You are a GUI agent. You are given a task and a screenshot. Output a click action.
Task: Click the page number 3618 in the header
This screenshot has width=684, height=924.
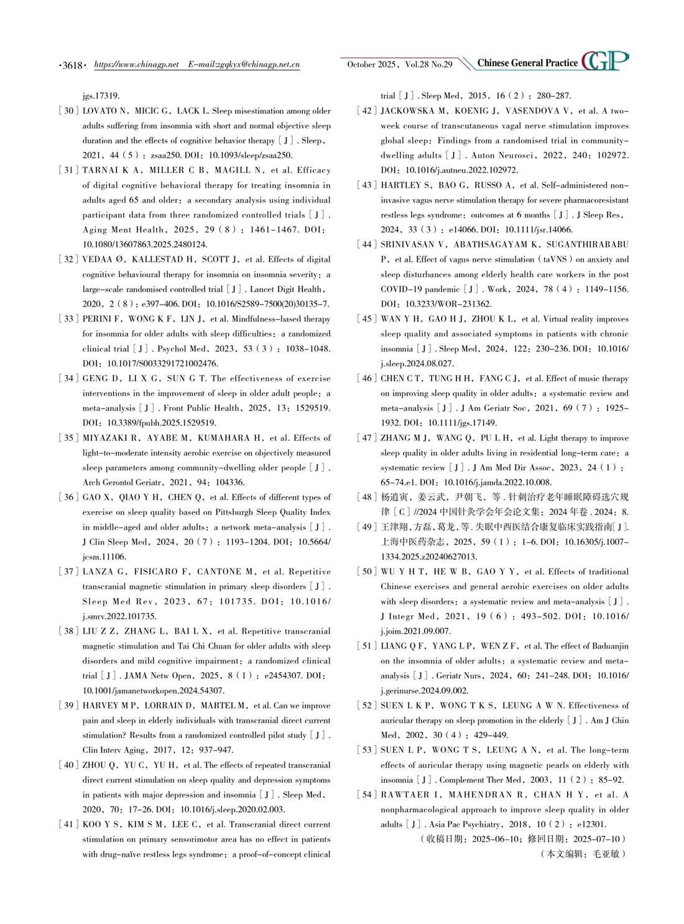(73, 65)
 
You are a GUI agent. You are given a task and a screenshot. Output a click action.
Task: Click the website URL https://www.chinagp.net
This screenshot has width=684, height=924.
(136, 64)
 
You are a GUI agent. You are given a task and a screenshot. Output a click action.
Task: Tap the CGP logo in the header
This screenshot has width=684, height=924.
(605, 61)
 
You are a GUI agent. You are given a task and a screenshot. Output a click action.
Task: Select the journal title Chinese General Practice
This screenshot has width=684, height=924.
(527, 63)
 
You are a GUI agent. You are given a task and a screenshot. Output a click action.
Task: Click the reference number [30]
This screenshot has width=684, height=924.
(68, 111)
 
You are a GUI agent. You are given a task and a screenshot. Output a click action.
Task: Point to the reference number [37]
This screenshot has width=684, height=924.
(68, 571)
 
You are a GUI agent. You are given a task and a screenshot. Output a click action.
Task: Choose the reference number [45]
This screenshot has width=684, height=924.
(366, 319)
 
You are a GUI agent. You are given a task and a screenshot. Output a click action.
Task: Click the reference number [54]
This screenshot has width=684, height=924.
(366, 795)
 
